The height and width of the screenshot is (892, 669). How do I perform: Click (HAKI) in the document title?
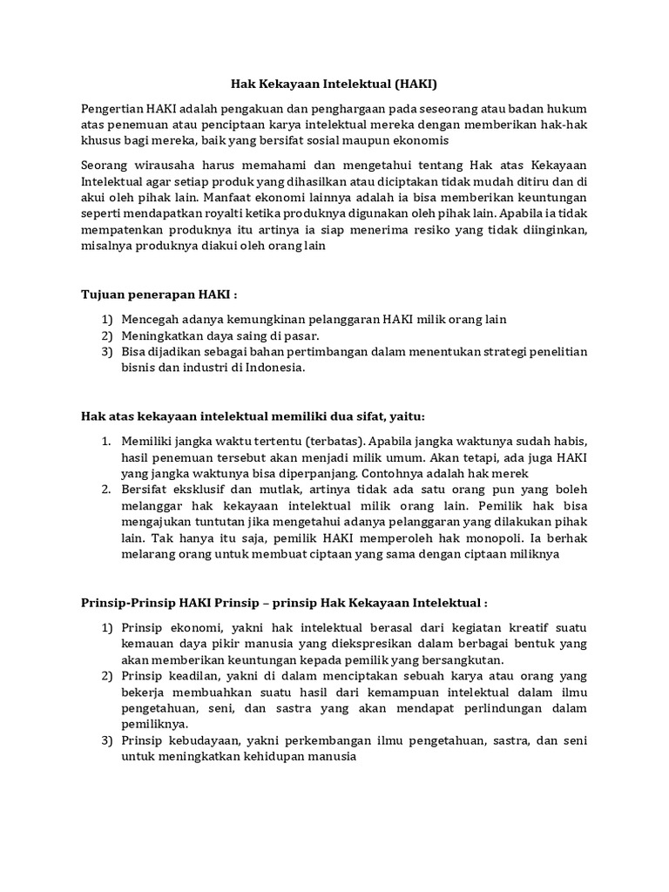pos(415,84)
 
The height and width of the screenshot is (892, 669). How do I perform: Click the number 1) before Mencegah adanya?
pos(108,320)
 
